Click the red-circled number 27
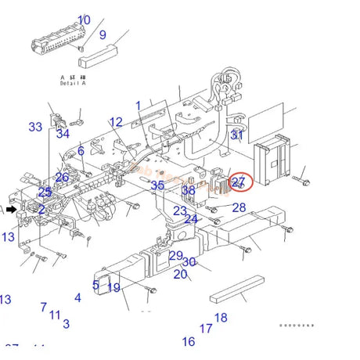click(x=239, y=182)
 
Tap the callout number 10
click(x=84, y=20)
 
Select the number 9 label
click(x=102, y=34)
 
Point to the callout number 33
click(x=36, y=127)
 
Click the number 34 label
click(x=63, y=134)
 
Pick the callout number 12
click(x=116, y=122)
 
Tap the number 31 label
click(x=237, y=135)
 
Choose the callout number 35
click(x=157, y=185)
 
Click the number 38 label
click(x=189, y=190)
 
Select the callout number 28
click(x=239, y=207)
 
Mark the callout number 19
click(x=113, y=288)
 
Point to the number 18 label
click(x=221, y=318)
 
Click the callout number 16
click(x=189, y=342)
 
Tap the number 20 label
click(x=180, y=274)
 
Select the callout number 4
click(x=77, y=298)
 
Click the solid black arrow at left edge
click(x=11, y=210)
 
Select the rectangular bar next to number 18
click(x=241, y=289)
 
